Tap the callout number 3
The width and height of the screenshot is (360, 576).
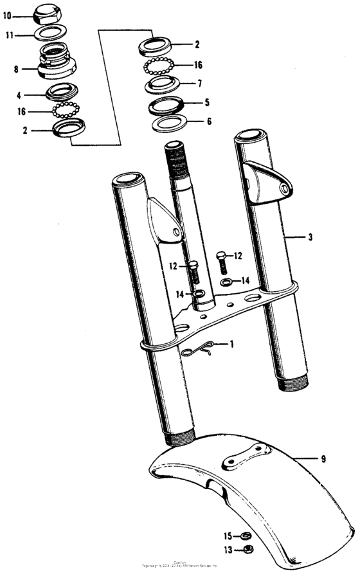(x=310, y=237)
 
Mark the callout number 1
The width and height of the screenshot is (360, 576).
(x=232, y=344)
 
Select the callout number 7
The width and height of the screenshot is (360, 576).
(x=199, y=84)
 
